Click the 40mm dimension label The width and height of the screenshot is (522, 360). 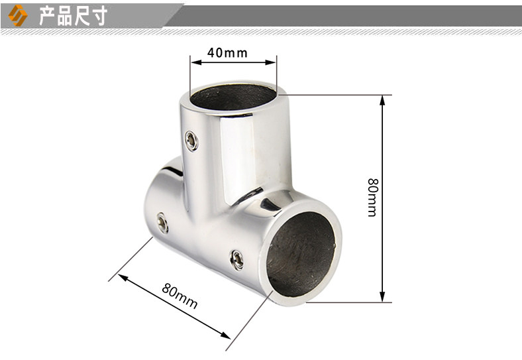(x=227, y=52)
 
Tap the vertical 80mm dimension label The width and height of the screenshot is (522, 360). (x=373, y=198)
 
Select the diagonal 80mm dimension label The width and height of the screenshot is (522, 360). (x=180, y=296)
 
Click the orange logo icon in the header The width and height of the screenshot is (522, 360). (x=18, y=15)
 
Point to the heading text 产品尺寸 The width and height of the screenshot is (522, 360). (x=74, y=15)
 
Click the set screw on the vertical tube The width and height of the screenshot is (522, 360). (x=191, y=141)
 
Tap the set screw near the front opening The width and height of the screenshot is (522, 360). (x=236, y=260)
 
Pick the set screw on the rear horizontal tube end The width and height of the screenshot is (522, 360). (x=162, y=223)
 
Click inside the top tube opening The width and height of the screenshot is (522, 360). (x=233, y=97)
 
